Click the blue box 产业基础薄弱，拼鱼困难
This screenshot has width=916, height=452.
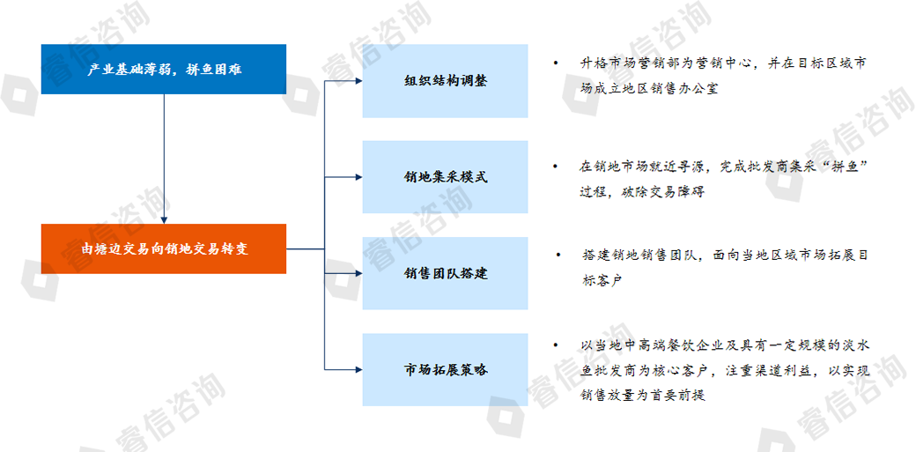click(x=164, y=69)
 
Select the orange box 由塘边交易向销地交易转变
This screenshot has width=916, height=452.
click(x=164, y=248)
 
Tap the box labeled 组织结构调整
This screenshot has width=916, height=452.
click(x=445, y=81)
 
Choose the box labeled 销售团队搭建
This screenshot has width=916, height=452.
click(x=445, y=273)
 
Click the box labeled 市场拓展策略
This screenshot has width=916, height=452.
click(x=445, y=370)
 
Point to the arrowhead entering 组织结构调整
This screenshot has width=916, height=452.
click(x=358, y=81)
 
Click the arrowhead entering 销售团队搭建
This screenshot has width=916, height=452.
click(x=358, y=273)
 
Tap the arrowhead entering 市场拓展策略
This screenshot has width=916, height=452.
click(x=358, y=370)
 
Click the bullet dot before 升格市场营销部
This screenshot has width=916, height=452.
click(x=556, y=64)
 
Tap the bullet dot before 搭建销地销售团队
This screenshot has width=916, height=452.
click(x=558, y=256)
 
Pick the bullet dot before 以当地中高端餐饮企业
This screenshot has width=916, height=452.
click(x=556, y=345)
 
